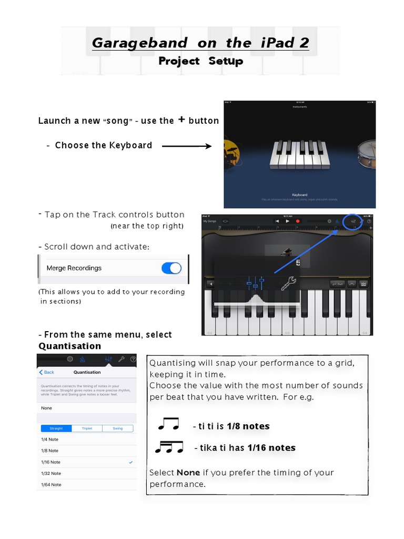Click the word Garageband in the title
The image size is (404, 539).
point(139,43)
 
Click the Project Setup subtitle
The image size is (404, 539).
point(200,61)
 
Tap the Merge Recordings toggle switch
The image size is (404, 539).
point(171,268)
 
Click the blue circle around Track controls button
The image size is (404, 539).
point(352,222)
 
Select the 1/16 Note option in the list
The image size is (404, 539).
point(51,462)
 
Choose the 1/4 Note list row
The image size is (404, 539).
point(50,440)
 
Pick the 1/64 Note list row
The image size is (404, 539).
point(51,485)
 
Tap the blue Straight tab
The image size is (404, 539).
point(55,428)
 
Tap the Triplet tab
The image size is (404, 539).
point(87,428)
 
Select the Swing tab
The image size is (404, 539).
point(117,428)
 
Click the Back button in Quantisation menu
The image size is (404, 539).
point(47,372)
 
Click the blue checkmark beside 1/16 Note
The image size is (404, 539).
point(130,462)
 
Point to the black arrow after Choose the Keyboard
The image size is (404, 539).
point(187,146)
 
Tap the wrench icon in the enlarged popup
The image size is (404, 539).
point(288,284)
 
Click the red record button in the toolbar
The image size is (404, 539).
point(298,222)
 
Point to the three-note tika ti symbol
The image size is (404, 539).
point(169,447)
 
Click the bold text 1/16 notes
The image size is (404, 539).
point(271,448)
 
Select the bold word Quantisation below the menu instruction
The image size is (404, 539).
point(70,346)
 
